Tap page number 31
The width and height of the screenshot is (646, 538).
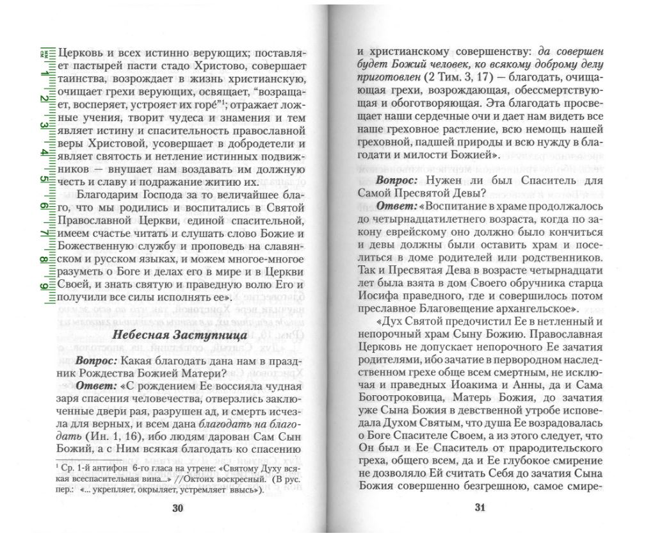(480, 509)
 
